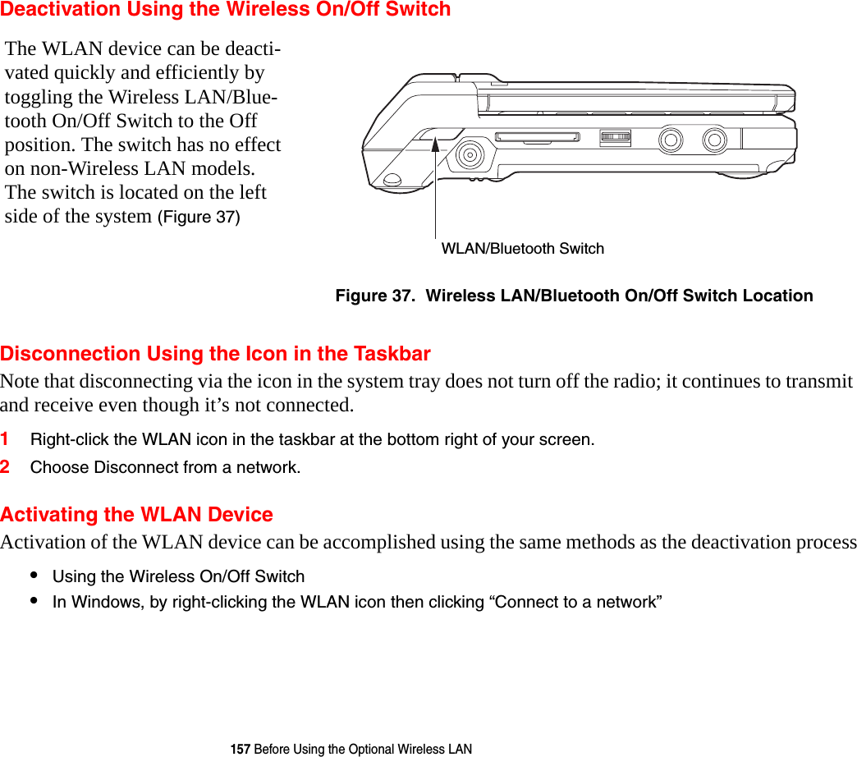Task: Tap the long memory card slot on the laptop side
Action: (537, 137)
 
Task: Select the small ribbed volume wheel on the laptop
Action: (615, 139)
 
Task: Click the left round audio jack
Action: (671, 140)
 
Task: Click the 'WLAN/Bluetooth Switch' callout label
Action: (522, 249)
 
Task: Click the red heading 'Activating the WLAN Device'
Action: (136, 515)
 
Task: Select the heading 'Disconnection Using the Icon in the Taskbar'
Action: (215, 354)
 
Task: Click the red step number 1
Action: (6, 439)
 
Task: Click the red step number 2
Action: (6, 467)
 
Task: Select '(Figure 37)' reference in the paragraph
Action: (199, 218)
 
